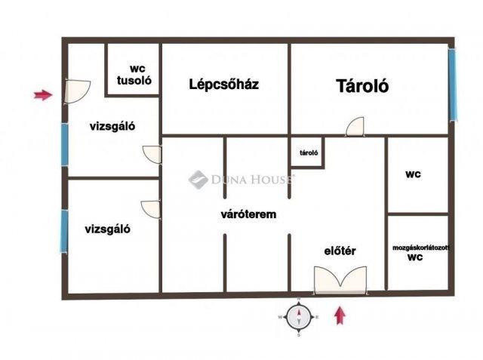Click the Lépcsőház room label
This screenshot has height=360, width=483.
[x=223, y=85]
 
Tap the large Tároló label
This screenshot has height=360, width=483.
[x=362, y=86]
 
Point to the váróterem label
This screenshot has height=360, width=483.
[x=248, y=214]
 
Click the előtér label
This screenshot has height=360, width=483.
[x=340, y=251]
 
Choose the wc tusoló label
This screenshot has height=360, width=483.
[x=133, y=72]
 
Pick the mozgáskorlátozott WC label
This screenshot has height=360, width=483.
[x=420, y=252]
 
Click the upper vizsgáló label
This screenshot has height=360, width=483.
[x=112, y=127]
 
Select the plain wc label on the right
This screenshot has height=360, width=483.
[x=413, y=174]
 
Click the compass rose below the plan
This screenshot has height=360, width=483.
[x=300, y=317]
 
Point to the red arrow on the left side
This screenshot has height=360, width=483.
[x=43, y=95]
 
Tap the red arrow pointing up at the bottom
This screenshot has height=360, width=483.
[x=340, y=314]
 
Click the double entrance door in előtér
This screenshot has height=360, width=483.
[x=341, y=282]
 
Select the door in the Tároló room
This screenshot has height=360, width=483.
[x=355, y=127]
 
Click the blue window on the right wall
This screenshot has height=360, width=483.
[x=453, y=83]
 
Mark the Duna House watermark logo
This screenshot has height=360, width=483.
[x=198, y=179]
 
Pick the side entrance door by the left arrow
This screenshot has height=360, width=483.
[x=76, y=91]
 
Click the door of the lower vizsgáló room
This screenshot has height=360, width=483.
[x=151, y=209]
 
